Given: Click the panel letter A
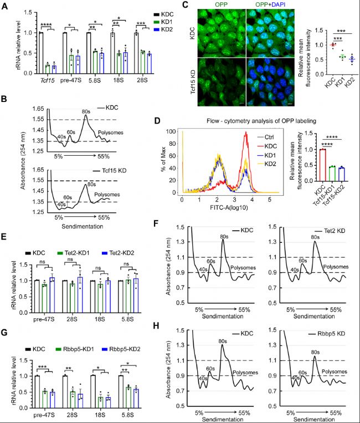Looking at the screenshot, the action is click(4, 6).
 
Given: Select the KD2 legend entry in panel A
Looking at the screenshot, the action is click(163, 29).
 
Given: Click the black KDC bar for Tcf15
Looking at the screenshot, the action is click(41, 53).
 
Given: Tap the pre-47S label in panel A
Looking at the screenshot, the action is click(70, 80).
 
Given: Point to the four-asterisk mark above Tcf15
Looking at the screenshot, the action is click(47, 26).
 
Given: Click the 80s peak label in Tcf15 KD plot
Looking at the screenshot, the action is click(91, 184).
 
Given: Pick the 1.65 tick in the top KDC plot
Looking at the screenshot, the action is click(38, 109).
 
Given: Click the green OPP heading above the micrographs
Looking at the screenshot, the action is click(222, 4).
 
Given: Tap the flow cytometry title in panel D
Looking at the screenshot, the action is click(261, 121).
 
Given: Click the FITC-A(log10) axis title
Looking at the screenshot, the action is click(229, 207).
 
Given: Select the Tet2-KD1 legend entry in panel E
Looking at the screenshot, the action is click(73, 253).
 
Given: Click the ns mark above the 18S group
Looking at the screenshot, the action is click(99, 268).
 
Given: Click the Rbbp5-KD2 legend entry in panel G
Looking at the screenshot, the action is click(121, 349).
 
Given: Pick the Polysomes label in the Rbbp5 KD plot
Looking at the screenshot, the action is click(334, 371).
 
